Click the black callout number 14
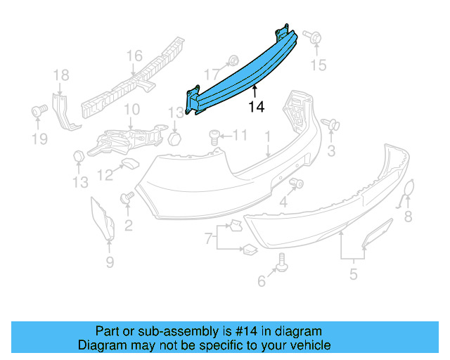click(x=257, y=107)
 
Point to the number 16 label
click(x=134, y=56)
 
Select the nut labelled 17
click(x=233, y=61)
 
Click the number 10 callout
click(x=131, y=109)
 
